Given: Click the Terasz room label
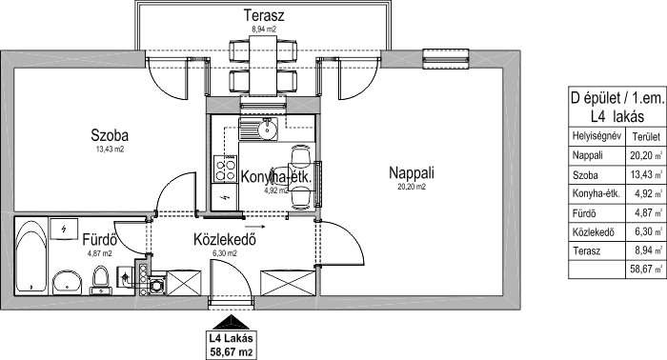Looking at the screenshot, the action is click(264, 15).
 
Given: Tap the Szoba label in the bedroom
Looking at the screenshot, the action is click(110, 135).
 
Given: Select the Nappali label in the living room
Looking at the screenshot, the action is click(412, 173).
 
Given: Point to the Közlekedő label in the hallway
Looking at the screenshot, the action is click(225, 240).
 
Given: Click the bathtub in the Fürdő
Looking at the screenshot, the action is click(31, 255).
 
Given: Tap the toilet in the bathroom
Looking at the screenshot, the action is click(100, 281).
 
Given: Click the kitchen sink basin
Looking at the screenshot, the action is click(267, 130).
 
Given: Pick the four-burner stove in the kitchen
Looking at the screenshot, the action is click(225, 169).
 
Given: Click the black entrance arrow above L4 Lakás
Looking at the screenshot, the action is click(231, 322).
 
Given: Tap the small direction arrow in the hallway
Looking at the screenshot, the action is click(255, 227).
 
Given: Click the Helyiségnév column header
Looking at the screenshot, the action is click(596, 136).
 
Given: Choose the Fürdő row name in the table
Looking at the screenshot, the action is click(584, 213).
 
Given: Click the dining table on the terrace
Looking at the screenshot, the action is click(263, 66).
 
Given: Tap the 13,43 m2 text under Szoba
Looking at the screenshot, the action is click(110, 150).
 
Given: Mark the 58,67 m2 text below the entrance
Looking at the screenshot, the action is click(232, 352).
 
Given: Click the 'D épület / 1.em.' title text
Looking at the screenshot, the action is click(617, 99).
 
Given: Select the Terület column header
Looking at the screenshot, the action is click(646, 137).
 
